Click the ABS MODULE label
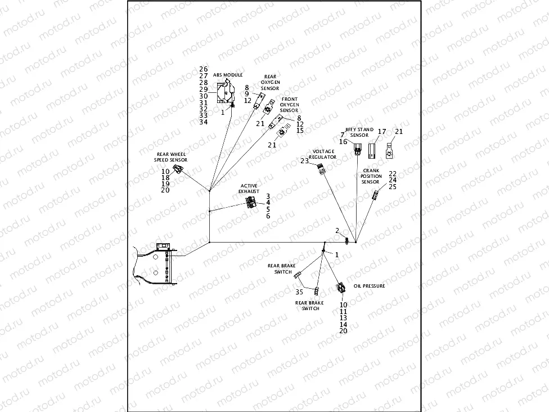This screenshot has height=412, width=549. click(228, 75)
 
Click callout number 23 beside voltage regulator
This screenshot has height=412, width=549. click(304, 161)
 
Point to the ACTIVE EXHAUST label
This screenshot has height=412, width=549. click(249, 189)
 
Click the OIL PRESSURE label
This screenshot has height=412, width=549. click(369, 286)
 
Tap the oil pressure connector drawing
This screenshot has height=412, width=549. click(341, 288)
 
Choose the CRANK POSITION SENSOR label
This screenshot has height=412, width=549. click(371, 176)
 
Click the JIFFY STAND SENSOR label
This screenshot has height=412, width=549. click(359, 132)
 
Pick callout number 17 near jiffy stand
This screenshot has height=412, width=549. click(382, 132)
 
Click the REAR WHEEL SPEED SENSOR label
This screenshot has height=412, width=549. click(172, 157)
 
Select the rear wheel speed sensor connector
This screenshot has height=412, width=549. click(177, 171)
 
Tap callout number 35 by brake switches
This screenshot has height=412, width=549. click(299, 292)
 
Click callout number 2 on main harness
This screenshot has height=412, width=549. click(337, 231)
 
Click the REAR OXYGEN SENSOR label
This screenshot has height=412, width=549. click(270, 82)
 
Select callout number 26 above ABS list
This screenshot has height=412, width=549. click(204, 69)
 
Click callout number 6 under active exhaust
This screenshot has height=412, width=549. click(268, 216)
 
